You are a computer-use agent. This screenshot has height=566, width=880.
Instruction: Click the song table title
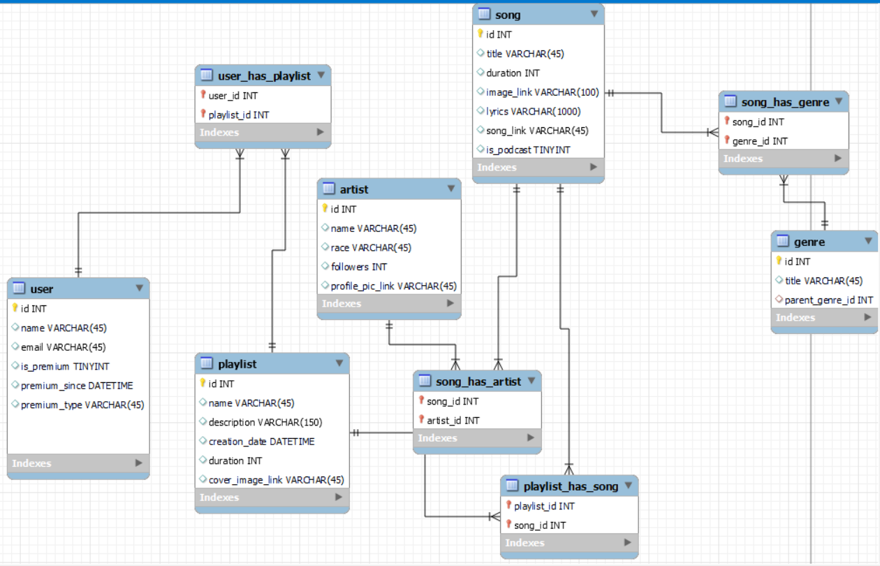click(508, 15)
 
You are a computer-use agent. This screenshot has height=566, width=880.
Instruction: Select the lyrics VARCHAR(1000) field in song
click(533, 111)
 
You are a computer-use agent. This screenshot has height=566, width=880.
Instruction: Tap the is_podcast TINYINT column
click(528, 150)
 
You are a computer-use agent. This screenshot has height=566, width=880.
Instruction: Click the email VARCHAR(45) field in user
click(63, 347)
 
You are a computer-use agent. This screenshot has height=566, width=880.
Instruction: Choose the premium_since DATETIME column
click(76, 385)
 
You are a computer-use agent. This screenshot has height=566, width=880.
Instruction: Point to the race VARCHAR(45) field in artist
click(371, 247)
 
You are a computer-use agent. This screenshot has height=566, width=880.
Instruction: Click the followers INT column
click(359, 266)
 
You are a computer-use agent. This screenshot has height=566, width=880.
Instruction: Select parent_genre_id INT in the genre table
click(828, 300)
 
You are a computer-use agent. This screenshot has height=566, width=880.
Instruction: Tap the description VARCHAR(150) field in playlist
click(265, 422)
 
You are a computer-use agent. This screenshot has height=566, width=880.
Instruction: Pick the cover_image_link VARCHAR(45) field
click(276, 479)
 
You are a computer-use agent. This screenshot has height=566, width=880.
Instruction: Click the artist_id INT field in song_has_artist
click(453, 420)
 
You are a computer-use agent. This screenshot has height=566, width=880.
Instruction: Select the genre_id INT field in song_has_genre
click(760, 140)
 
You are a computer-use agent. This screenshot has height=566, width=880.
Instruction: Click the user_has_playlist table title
click(264, 75)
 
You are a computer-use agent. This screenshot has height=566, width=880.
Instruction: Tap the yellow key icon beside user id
click(15, 308)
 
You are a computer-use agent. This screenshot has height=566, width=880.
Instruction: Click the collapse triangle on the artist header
click(450, 189)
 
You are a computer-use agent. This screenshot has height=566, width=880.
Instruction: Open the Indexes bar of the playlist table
click(272, 497)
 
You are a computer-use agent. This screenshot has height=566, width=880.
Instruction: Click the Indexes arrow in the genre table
click(867, 317)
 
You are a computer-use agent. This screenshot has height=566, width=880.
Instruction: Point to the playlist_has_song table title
click(571, 486)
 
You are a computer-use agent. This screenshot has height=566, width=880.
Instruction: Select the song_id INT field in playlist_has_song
click(540, 525)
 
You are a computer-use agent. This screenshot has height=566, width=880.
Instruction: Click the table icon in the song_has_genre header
click(730, 102)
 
